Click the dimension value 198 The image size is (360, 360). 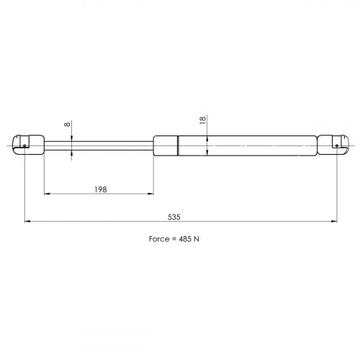pyautogui.click(x=101, y=189)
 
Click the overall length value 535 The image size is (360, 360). pyautogui.click(x=174, y=217)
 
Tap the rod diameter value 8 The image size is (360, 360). pyautogui.click(x=68, y=124)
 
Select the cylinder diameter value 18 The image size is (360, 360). pyautogui.click(x=203, y=120)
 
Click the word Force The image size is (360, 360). pyautogui.click(x=159, y=239)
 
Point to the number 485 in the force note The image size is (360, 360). pyautogui.click(x=185, y=239)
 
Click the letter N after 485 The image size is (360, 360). pyautogui.click(x=197, y=239)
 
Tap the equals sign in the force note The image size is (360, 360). pyautogui.click(x=174, y=239)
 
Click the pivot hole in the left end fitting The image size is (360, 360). pyautogui.click(x=24, y=145)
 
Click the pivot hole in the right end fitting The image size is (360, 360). pyautogui.click(x=337, y=145)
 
